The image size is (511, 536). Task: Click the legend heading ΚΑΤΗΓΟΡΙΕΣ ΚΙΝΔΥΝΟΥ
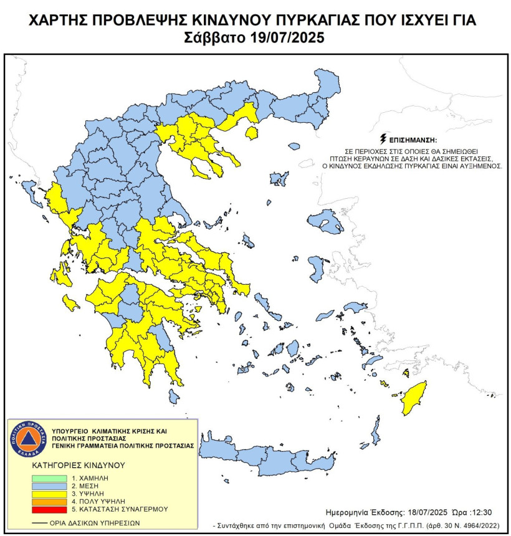[79, 465]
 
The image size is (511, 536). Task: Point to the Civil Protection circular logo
[26, 438]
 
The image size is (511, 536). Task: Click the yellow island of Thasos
[252, 132]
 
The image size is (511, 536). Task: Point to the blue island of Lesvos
[324, 221]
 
